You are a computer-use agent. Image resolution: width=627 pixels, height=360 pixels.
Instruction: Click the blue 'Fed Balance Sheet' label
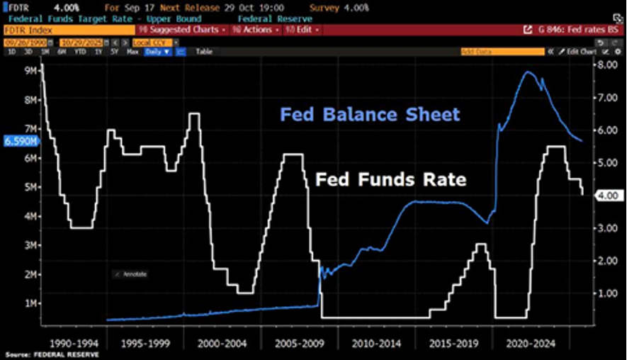tap(370, 115)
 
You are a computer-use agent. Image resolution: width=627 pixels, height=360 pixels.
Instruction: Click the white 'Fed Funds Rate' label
tap(391, 180)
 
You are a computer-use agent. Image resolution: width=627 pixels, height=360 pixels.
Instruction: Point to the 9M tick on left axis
tap(30, 71)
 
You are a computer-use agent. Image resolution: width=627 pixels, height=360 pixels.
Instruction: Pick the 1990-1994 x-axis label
tap(69, 342)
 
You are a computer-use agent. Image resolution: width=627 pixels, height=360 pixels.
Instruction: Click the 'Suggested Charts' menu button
tap(181, 30)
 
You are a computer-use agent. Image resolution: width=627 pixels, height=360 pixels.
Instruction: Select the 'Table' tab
tap(204, 52)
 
